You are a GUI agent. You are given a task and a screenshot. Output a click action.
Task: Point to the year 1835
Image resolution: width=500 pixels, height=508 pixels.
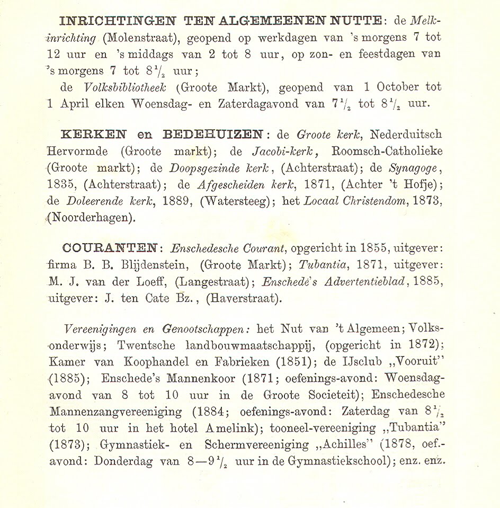(61, 185)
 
